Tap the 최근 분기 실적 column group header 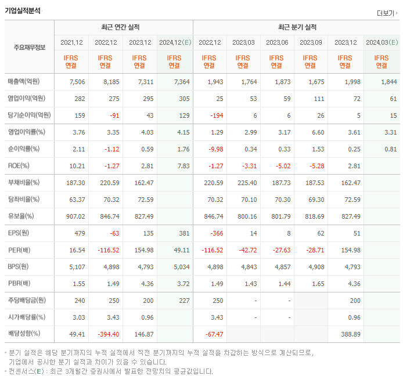(x=297, y=27)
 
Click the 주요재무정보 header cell (x=30, y=48)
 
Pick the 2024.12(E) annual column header (x=174, y=42)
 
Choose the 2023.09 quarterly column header (x=311, y=42)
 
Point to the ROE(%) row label (x=20, y=165)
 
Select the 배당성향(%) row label (x=24, y=334)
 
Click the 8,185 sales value (x=106, y=82)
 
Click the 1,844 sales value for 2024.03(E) (x=388, y=82)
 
